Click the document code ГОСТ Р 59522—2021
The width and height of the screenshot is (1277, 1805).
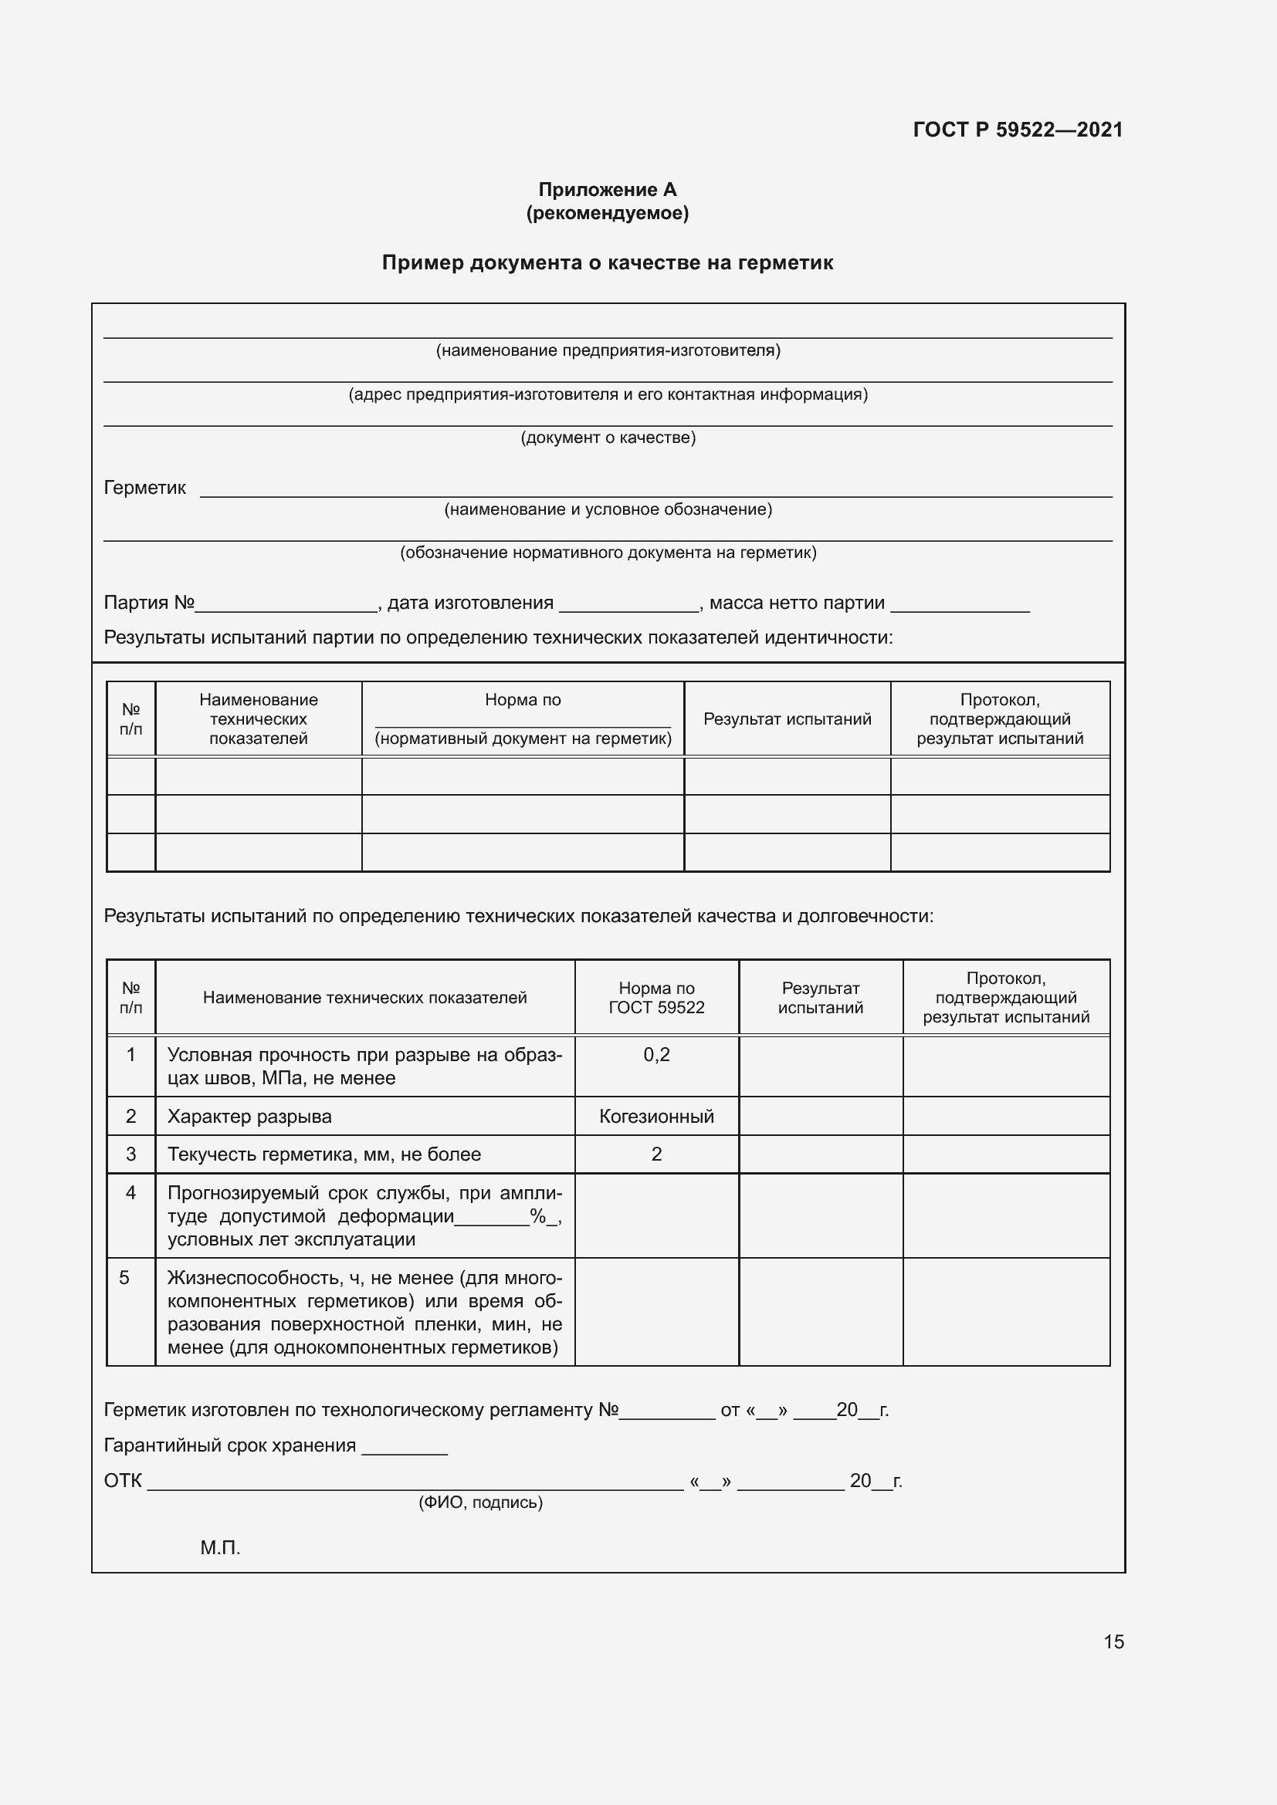(1018, 130)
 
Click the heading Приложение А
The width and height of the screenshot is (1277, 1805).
(607, 190)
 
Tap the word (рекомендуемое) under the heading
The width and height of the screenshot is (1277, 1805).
(607, 213)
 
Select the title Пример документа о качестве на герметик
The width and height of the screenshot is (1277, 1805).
(607, 262)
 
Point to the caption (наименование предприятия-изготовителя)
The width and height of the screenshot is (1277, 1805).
(608, 350)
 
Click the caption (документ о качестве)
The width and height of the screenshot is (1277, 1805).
(608, 438)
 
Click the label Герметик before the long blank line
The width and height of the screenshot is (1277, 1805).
(144, 488)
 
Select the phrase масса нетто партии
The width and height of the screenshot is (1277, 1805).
(797, 603)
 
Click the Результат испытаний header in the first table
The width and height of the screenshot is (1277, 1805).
(787, 718)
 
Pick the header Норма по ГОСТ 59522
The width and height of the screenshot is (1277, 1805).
(655, 998)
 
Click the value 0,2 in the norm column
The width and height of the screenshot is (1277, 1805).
(655, 1055)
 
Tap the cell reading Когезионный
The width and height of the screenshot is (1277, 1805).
(655, 1117)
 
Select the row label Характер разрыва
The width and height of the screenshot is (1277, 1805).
(249, 1117)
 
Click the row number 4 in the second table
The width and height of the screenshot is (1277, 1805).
(130, 1193)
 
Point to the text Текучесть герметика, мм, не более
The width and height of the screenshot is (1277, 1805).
(324, 1154)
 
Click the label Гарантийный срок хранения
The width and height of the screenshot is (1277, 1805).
(229, 1445)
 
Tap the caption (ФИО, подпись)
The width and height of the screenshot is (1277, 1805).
(479, 1503)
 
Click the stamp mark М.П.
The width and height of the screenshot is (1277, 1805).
(220, 1548)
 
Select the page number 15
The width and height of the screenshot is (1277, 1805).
(1113, 1641)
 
